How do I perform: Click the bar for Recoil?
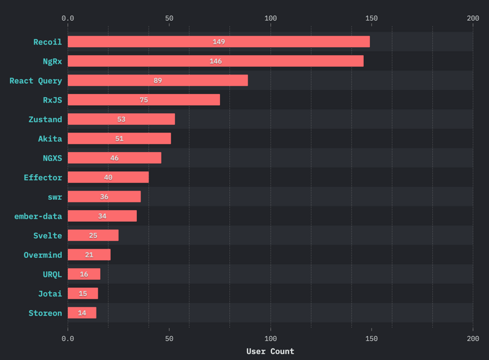218,42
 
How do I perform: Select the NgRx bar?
215,61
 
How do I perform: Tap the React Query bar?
158,80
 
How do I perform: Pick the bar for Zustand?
121,119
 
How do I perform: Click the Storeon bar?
82,313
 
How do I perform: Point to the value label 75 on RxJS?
144,100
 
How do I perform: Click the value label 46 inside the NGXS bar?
114,158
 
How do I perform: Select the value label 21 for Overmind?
89,255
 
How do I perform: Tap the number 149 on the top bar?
219,42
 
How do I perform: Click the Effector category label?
43,177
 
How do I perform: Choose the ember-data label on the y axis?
38,216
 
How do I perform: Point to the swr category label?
55,197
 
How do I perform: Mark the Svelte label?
48,235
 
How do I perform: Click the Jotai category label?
50,293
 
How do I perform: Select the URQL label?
53,274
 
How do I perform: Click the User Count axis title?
270,351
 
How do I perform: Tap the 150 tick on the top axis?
372,18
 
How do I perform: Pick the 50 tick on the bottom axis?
169,338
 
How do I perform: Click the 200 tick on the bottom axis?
472,338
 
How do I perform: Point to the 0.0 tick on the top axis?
68,18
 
